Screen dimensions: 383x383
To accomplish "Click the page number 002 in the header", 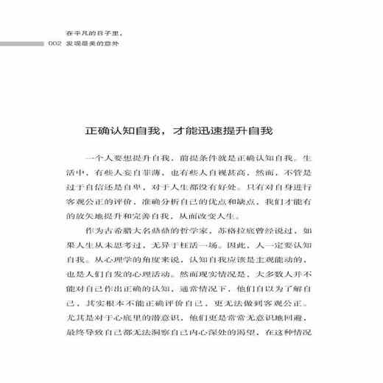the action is (x=53, y=43).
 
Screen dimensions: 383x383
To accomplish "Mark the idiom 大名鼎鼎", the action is (x=162, y=239).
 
